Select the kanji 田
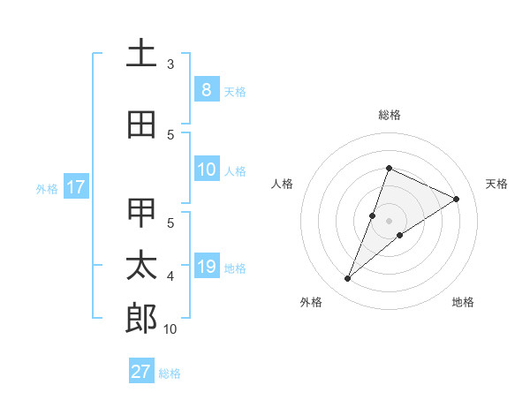tap(141, 125)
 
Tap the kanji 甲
tap(141, 213)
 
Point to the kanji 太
tap(141, 266)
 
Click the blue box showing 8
tap(206, 90)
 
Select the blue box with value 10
tap(206, 170)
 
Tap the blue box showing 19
tap(206, 267)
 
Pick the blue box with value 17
tap(75, 187)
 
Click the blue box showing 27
tap(140, 372)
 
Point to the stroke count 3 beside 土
tap(170, 64)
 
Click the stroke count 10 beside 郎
tap(170, 329)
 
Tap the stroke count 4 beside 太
tap(170, 276)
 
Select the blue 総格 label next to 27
tap(170, 373)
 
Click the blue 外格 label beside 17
tap(47, 188)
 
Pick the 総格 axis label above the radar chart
tap(389, 115)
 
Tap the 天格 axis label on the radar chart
tap(496, 184)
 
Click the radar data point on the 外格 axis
tap(348, 279)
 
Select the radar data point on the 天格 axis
tap(457, 200)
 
